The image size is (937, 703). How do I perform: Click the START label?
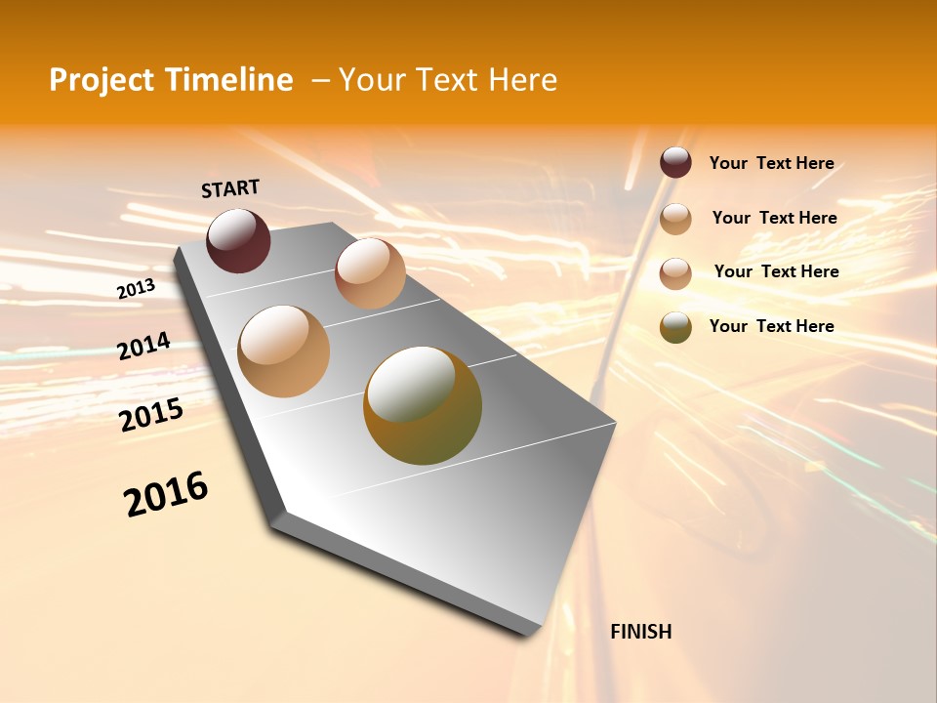click(x=230, y=188)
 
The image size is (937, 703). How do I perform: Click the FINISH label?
click(x=640, y=632)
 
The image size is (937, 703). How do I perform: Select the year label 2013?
click(x=136, y=289)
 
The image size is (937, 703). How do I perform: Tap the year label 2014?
click(x=143, y=346)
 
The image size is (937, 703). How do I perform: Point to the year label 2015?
click(x=151, y=414)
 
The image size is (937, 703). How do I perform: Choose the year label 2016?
click(x=166, y=494)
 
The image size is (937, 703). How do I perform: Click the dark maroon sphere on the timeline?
click(x=238, y=240)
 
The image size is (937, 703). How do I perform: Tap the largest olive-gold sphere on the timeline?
click(x=423, y=405)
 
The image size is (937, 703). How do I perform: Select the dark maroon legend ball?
click(x=675, y=163)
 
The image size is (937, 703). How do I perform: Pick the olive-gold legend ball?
click(x=675, y=327)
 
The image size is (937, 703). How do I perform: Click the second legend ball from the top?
click(x=675, y=219)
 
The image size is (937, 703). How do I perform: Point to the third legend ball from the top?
click(x=675, y=273)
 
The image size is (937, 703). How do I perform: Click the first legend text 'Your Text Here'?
click(x=771, y=163)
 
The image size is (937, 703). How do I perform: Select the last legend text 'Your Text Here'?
click(x=771, y=326)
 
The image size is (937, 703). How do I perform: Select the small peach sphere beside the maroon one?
click(x=370, y=273)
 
